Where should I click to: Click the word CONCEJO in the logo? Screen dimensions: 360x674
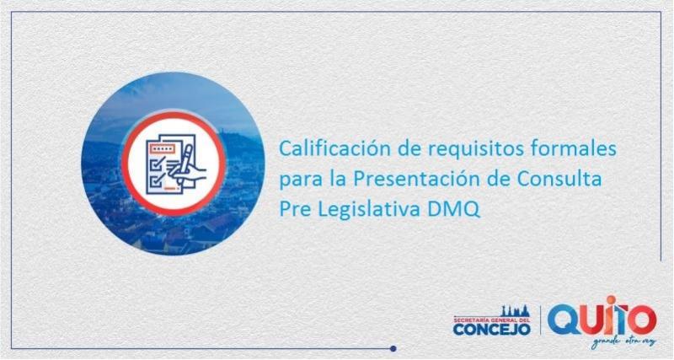pyautogui.click(x=491, y=329)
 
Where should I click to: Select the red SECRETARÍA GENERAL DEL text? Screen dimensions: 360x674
pyautogui.click(x=491, y=319)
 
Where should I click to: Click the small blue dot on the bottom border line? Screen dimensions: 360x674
pyautogui.click(x=393, y=347)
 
